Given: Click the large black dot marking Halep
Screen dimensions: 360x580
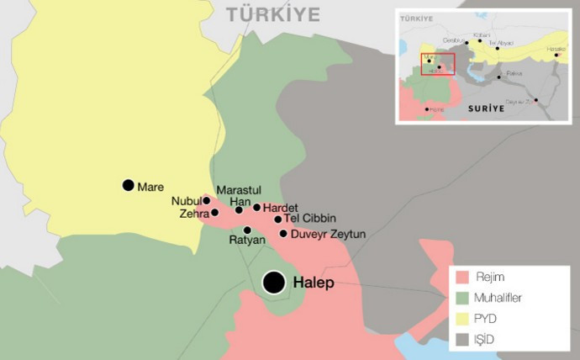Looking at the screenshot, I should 273,283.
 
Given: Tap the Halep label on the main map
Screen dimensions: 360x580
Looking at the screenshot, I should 314,283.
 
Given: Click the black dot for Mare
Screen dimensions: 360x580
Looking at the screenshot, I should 128,185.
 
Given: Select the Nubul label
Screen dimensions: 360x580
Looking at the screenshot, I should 186,201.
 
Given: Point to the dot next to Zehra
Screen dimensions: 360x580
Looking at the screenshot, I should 215,213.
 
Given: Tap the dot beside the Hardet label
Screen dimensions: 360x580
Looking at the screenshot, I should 257,207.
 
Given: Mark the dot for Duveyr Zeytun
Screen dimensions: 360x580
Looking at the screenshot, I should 283,234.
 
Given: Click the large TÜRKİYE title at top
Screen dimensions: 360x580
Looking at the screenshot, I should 274,14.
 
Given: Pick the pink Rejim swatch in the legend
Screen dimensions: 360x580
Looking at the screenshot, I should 462,278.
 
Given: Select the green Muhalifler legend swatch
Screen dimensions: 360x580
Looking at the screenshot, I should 462,298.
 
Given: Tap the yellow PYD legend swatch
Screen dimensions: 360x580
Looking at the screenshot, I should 462,319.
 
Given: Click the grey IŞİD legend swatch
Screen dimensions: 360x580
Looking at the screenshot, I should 462,339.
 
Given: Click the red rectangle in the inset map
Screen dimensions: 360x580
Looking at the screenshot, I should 437,64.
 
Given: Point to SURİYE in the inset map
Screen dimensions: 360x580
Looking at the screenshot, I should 487,108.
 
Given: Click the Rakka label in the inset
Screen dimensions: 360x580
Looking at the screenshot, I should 514,75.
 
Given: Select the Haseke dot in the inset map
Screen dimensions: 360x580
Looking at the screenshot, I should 556,55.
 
